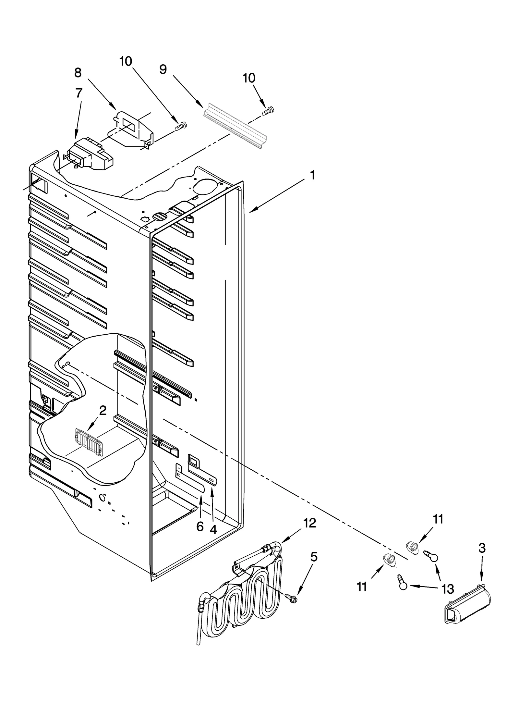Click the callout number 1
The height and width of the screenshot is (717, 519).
pos(312,176)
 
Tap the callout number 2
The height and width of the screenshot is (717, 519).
pos(103,411)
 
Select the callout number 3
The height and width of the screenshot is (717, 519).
pos(482,548)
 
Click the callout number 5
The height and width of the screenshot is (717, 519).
pos(313,557)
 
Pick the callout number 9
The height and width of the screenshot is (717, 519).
pos(163,69)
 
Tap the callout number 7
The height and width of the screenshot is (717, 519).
pos(78,93)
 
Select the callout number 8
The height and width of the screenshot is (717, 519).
pos(78,73)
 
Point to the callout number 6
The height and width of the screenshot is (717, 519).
pos(200,526)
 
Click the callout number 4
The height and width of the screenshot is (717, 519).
pos(213,529)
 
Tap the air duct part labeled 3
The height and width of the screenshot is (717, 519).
pos(467,604)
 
